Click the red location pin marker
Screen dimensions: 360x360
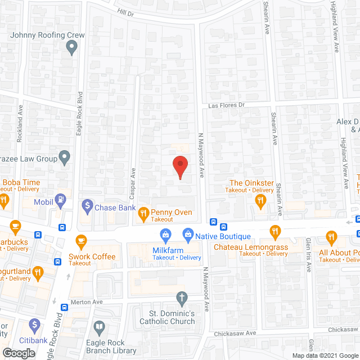pos(179,165)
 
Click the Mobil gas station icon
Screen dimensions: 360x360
pos(60,200)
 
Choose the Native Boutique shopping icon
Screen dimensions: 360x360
pos(188,233)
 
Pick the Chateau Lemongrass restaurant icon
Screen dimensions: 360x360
pos(274,231)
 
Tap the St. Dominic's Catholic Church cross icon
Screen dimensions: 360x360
pos(181,297)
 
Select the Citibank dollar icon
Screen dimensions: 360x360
pos(34,325)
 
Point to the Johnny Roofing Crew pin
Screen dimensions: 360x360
pos(71,48)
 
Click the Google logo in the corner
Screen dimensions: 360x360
pos(18,353)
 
